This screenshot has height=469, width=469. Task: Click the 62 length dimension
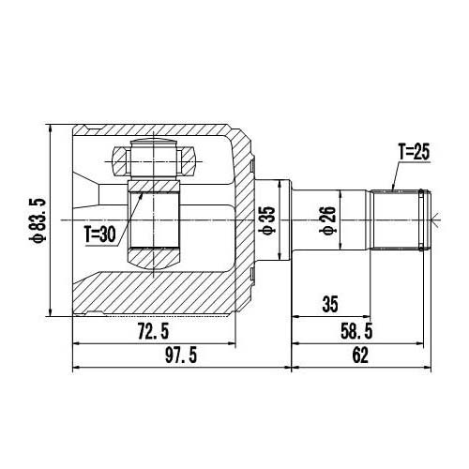[x=361, y=355]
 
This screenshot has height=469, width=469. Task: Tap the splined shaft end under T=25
[x=398, y=219]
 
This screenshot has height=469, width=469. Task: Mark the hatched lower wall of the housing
[x=159, y=295]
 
